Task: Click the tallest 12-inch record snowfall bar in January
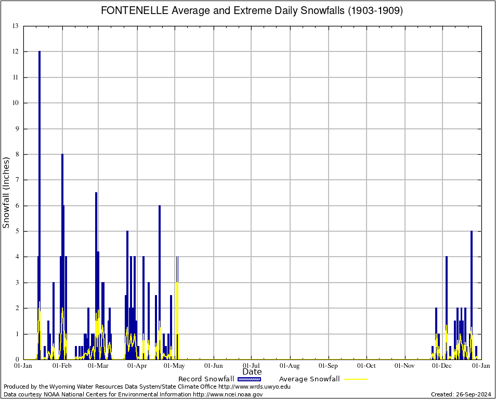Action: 39,156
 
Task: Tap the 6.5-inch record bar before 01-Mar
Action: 96,234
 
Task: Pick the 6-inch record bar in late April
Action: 160,260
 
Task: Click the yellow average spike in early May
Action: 177,291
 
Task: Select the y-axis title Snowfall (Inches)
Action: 7,192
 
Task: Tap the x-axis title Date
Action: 252,372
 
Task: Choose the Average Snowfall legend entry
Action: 309,379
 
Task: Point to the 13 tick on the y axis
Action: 15,26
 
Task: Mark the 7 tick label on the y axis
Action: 17,180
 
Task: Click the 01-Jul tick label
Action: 251,366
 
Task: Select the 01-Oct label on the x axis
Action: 366,366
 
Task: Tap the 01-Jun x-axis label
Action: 213,366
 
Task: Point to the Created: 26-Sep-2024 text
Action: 461,394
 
